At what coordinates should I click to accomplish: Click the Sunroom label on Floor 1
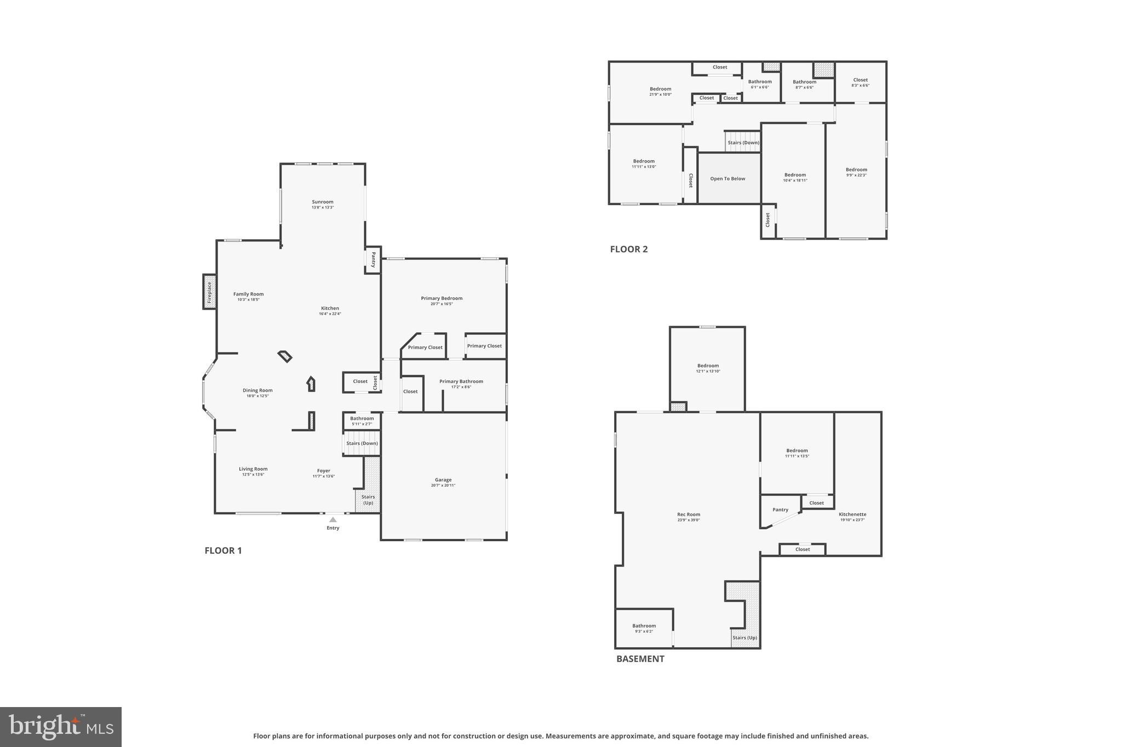coord(323,202)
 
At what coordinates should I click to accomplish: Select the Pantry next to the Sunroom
coord(373,259)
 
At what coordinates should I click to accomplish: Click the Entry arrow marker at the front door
coord(333,519)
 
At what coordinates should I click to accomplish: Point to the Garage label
coord(443,480)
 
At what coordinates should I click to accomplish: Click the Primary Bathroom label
coord(461,381)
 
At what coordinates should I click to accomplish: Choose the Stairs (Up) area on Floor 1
coord(368,499)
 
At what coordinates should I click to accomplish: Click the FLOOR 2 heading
coord(628,250)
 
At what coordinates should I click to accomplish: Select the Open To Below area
coord(728,178)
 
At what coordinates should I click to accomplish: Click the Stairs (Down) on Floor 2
coord(743,142)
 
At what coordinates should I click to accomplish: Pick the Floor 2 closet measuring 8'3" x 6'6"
coord(860,82)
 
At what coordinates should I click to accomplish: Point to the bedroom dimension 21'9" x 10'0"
coord(660,95)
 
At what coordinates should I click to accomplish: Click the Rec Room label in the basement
coord(688,514)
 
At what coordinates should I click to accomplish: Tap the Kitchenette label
coord(852,514)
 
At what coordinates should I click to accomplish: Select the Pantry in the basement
coord(780,510)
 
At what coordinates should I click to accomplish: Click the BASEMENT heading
coord(640,659)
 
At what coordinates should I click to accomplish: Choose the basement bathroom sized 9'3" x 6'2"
coord(644,628)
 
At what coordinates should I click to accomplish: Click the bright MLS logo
coord(61,727)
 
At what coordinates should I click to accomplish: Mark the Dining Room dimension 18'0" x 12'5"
coord(257,396)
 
